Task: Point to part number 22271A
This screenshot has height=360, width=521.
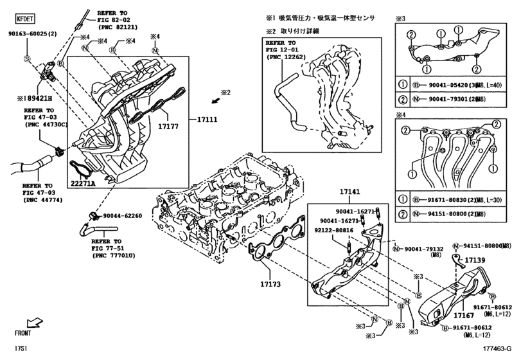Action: [83, 183]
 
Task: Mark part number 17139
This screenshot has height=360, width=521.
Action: [475, 260]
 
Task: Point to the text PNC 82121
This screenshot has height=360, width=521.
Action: [119, 28]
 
